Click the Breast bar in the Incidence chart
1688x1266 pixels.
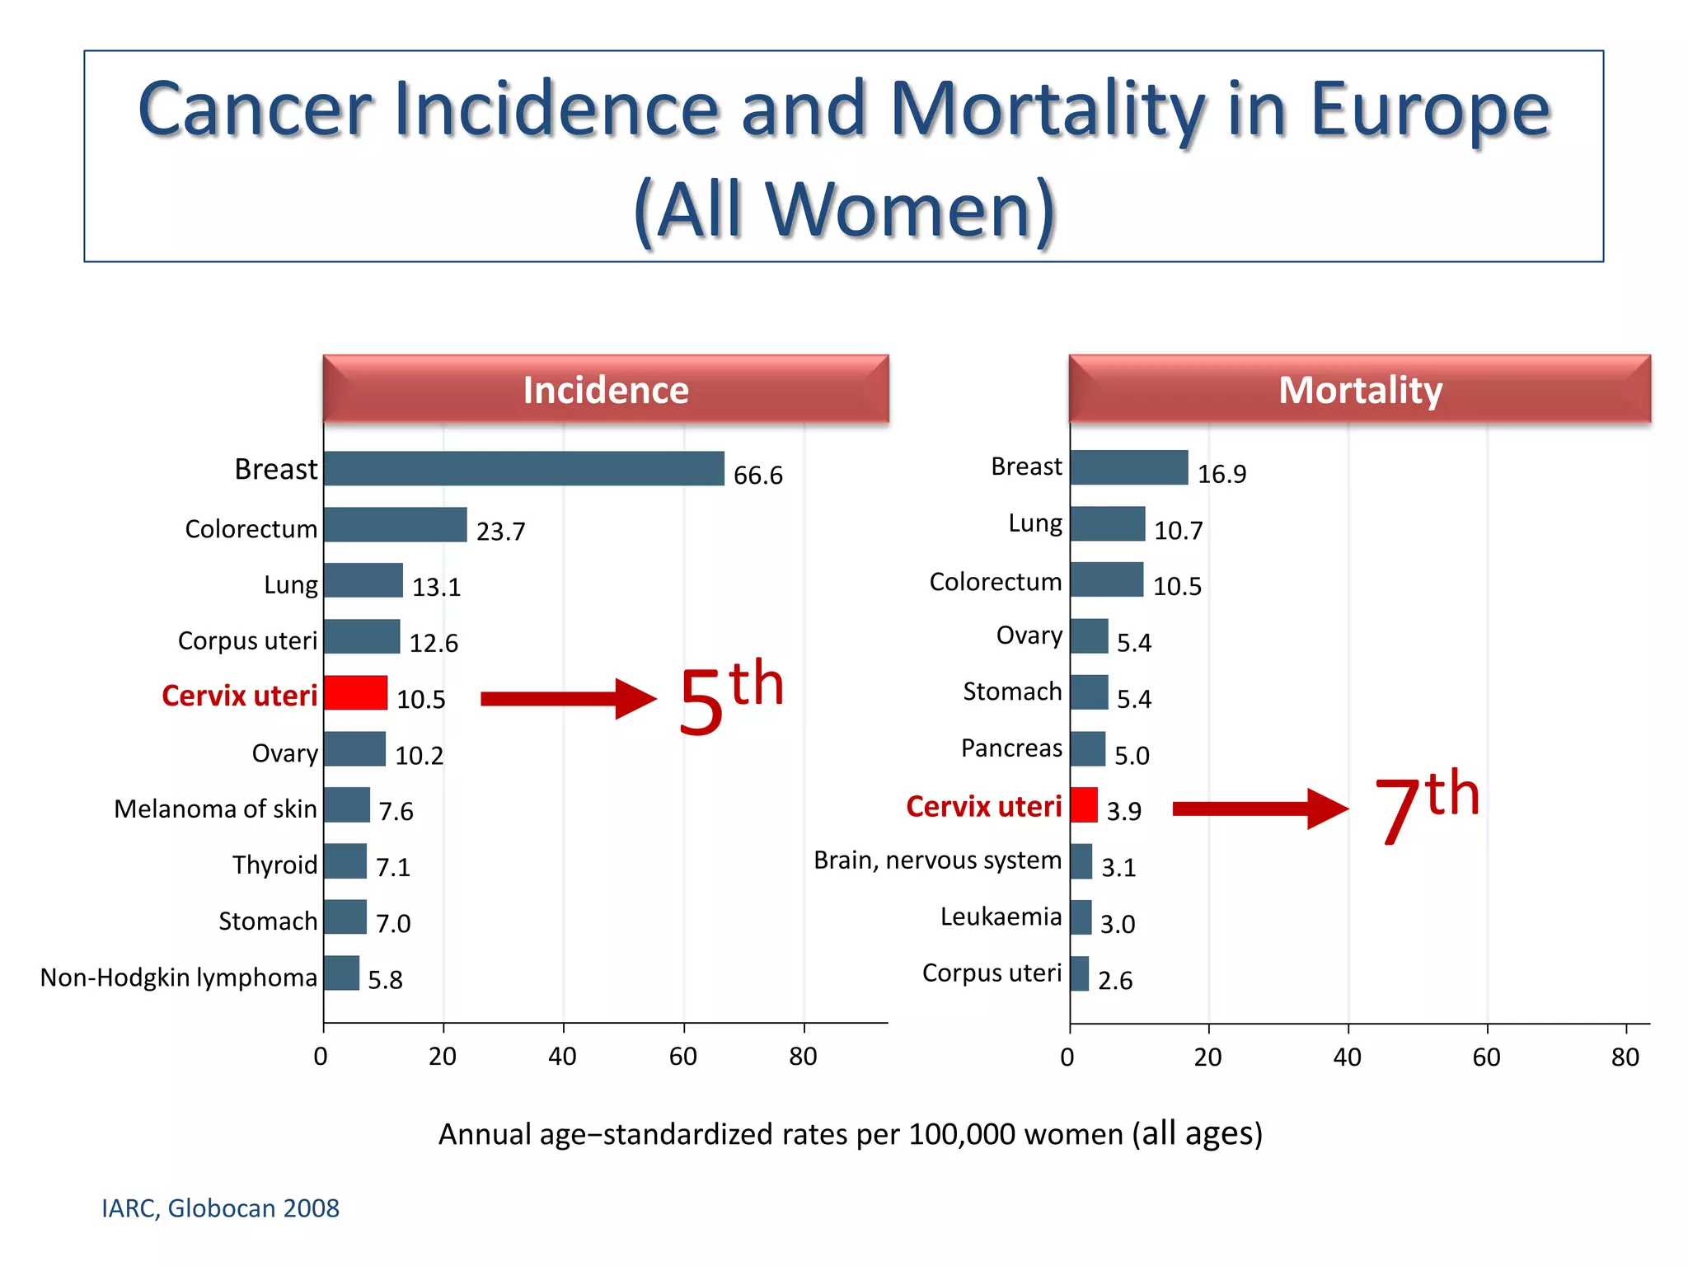coord(524,468)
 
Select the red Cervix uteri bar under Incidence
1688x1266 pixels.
coord(355,692)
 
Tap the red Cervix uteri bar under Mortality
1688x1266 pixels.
coord(1084,804)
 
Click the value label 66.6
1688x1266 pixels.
coord(757,476)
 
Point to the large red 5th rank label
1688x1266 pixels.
coord(730,697)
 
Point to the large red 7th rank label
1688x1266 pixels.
coord(1427,807)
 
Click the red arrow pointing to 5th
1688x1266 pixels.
coord(568,699)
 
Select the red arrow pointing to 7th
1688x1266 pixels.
coord(1259,809)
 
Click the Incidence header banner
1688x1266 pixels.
coord(606,390)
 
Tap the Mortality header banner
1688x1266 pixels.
coord(1360,390)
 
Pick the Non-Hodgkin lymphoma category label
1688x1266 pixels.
coord(179,978)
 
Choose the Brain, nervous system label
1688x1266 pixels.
coord(937,860)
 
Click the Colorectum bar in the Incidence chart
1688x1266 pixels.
coord(396,525)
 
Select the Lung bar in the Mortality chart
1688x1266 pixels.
coord(1108,524)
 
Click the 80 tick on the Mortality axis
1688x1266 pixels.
coord(1625,1057)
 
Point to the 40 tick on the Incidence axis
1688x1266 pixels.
coord(563,1057)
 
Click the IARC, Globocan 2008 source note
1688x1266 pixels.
coord(220,1208)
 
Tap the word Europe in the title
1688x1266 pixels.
coord(1430,111)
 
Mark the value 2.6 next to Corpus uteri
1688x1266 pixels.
coord(1115,981)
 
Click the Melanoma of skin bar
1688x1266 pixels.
coord(347,804)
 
